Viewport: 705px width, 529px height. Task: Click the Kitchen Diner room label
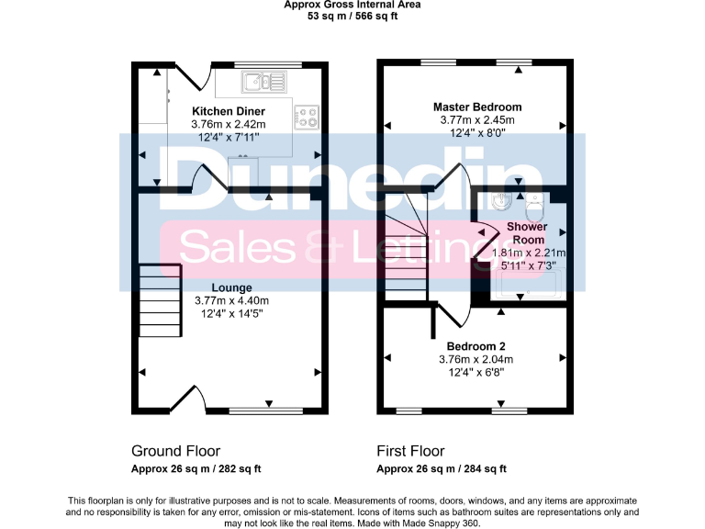(x=229, y=111)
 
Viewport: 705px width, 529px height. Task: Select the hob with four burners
(x=306, y=117)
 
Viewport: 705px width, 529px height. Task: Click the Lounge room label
(x=231, y=287)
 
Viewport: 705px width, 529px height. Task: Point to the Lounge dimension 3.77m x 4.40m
(x=231, y=300)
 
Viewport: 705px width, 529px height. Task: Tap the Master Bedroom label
(x=477, y=107)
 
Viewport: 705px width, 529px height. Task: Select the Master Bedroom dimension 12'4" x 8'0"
(x=477, y=132)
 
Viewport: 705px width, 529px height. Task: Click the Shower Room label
(x=528, y=232)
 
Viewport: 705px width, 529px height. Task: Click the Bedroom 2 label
(x=477, y=345)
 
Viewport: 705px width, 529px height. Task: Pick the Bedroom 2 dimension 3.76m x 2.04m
(x=477, y=359)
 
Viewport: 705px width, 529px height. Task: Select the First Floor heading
(x=410, y=451)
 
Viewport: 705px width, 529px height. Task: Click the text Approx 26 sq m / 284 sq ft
(x=442, y=469)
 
